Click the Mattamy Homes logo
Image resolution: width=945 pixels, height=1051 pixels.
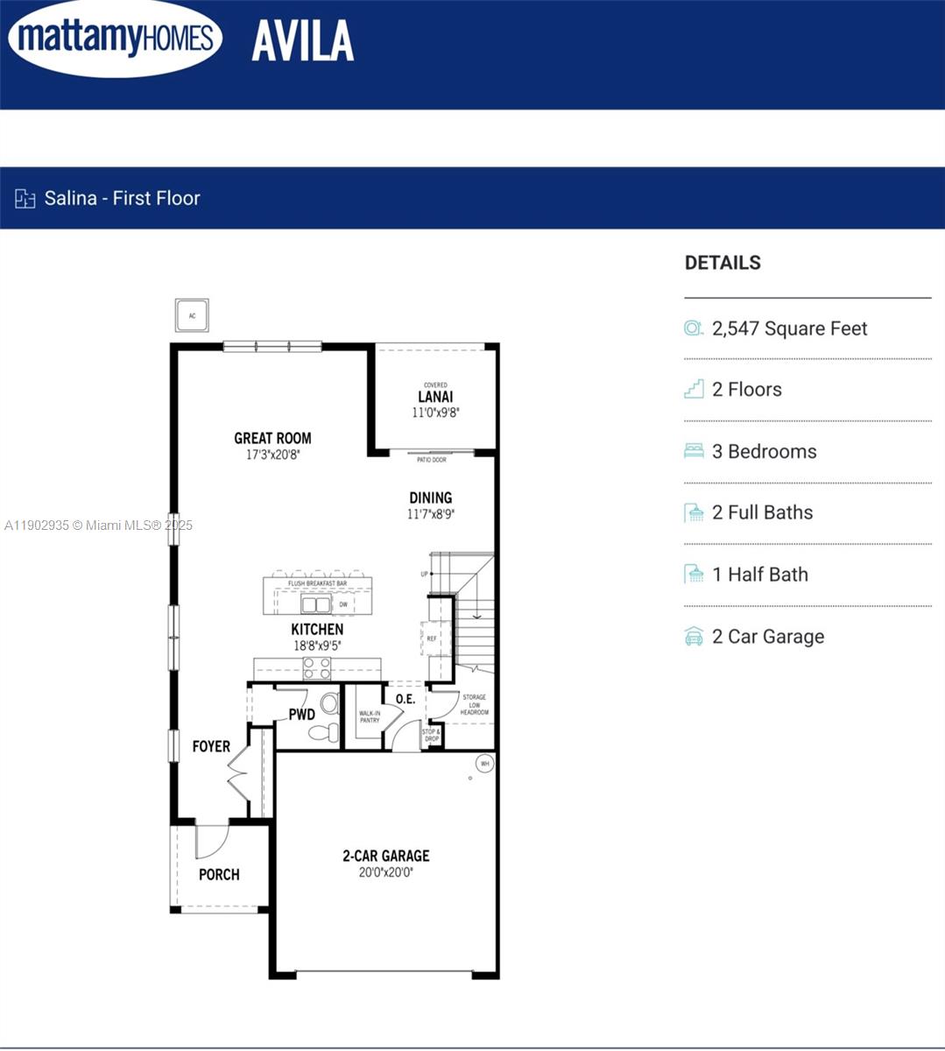[x=115, y=39]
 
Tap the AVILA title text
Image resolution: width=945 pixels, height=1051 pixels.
[x=303, y=41]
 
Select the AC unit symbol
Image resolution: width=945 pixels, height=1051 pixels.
[x=192, y=315]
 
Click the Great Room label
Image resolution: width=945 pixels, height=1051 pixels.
[x=272, y=438]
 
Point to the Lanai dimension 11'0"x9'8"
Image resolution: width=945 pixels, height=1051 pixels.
[x=435, y=412]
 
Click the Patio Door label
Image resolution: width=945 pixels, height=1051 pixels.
[x=432, y=460]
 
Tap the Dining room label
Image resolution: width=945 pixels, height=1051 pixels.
[x=430, y=497]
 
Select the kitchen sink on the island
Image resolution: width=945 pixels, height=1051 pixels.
[x=316, y=604]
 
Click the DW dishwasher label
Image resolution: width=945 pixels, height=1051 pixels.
[x=343, y=604]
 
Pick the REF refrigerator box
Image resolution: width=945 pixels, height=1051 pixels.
[x=433, y=638]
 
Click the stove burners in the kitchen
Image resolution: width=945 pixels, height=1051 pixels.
[x=317, y=668]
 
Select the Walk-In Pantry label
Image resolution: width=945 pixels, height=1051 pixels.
[x=370, y=716]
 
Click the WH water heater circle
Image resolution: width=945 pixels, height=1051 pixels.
[x=484, y=764]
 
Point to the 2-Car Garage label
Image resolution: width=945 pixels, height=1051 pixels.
[x=385, y=856]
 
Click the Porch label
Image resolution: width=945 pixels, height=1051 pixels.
[x=219, y=874]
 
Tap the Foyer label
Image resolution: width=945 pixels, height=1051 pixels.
[x=211, y=746]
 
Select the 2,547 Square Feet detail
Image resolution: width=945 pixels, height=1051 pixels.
[x=789, y=328]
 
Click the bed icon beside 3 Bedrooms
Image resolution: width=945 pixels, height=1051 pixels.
[x=694, y=451]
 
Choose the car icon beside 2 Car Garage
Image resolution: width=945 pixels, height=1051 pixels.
[x=694, y=637]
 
